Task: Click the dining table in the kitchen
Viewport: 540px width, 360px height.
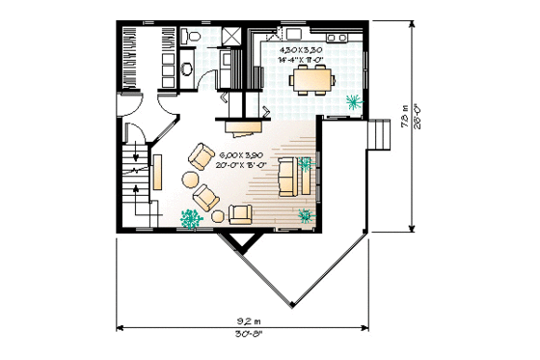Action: (x=312, y=81)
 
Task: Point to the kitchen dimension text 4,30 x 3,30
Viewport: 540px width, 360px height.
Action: (x=301, y=48)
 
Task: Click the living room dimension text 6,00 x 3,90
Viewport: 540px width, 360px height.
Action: (x=240, y=154)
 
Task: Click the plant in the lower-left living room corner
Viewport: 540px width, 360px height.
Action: (x=189, y=219)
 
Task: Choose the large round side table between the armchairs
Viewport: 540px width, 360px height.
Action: (x=190, y=180)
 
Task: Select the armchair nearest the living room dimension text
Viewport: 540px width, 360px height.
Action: (x=203, y=155)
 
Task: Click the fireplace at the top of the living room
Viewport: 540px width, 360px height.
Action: (x=244, y=125)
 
